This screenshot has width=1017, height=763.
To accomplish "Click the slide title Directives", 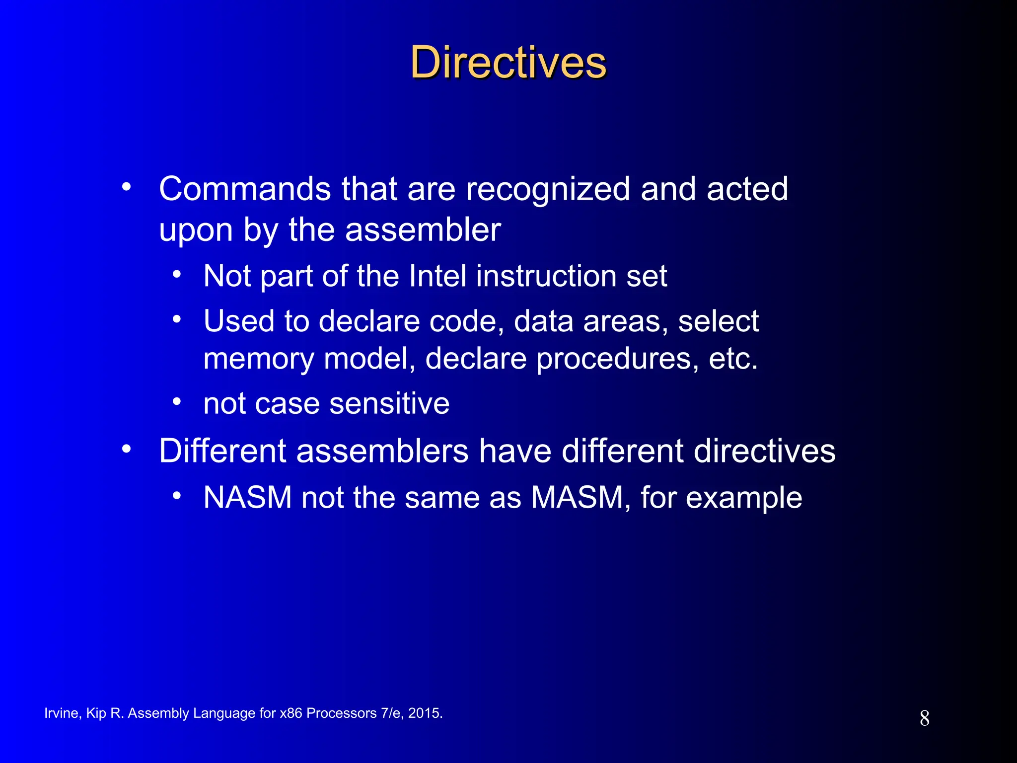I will click(508, 63).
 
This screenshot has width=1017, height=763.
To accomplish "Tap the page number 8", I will click(924, 718).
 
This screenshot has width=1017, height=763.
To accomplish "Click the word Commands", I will click(244, 189).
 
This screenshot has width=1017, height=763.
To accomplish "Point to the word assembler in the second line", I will click(423, 230).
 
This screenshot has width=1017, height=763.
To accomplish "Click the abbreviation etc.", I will click(733, 359).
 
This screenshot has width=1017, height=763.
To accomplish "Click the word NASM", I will click(247, 498).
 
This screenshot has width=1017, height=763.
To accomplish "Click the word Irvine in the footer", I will click(61, 713).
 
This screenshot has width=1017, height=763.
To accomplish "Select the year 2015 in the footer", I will click(425, 713).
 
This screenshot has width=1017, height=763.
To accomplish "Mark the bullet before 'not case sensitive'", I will click(177, 401).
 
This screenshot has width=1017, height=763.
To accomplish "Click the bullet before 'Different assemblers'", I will click(127, 449).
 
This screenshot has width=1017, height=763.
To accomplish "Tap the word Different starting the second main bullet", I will click(222, 451).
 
